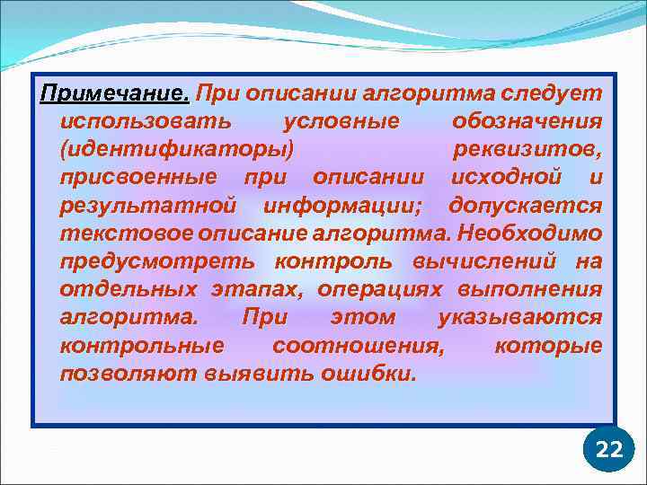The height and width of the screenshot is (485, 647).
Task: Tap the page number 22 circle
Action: (608, 450)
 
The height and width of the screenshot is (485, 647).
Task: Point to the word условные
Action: (340, 121)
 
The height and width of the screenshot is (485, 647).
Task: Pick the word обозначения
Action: (527, 121)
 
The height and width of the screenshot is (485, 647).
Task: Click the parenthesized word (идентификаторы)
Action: (176, 149)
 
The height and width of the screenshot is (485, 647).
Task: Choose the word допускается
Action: (526, 205)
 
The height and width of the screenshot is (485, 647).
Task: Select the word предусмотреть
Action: (157, 261)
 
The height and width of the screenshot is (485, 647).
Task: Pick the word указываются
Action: (519, 317)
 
